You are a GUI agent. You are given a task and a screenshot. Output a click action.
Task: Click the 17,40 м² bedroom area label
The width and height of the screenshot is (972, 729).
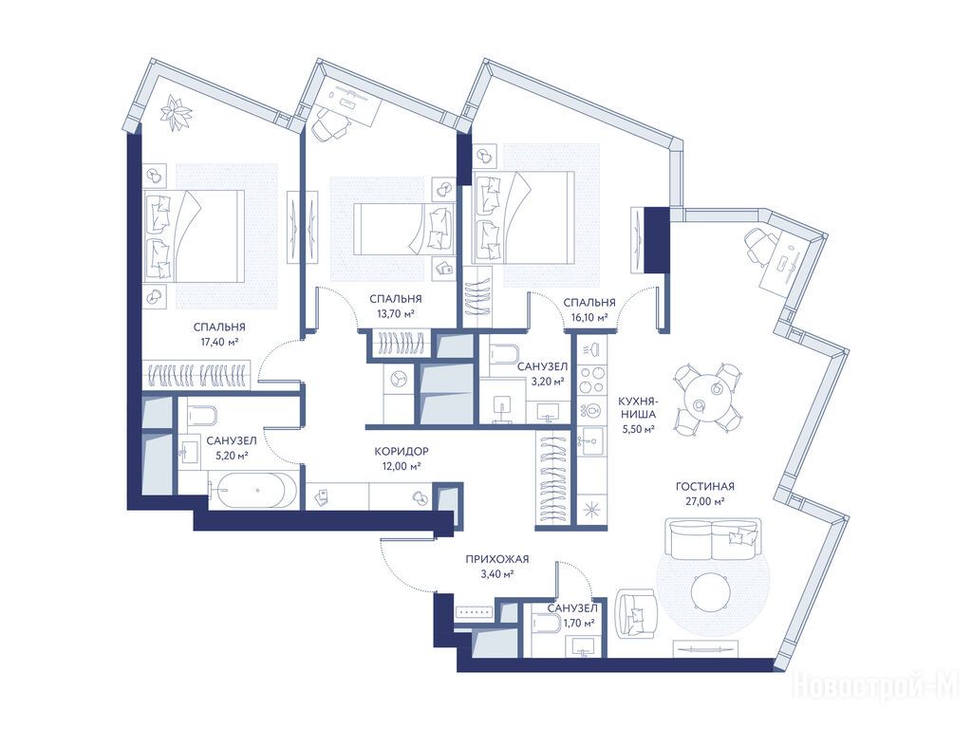[x=219, y=342]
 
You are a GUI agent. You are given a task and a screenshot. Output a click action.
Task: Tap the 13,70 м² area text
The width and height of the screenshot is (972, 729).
[x=396, y=313]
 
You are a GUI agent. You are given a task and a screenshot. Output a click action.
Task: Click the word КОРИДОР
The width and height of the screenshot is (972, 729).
[x=402, y=451]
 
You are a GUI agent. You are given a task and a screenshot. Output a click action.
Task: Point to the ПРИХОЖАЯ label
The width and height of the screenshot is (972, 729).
[x=497, y=560]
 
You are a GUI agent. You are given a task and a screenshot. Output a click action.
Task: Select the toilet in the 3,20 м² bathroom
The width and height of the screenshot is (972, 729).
[x=505, y=355]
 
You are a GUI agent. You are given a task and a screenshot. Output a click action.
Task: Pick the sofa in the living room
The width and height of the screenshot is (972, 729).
[x=712, y=538]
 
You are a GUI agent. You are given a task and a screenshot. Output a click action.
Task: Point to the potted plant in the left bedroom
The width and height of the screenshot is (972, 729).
[x=177, y=114]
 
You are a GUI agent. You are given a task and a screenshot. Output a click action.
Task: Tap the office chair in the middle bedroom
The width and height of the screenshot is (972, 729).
[x=329, y=125]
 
